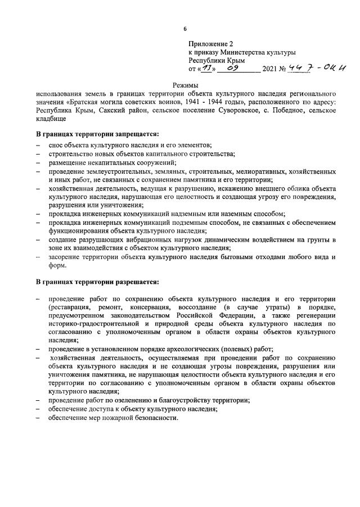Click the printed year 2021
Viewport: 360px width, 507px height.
[273, 70]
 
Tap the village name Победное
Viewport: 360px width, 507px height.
[279, 110]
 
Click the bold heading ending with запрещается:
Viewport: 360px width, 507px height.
[97, 134]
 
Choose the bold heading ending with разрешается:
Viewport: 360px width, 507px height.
[97, 280]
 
